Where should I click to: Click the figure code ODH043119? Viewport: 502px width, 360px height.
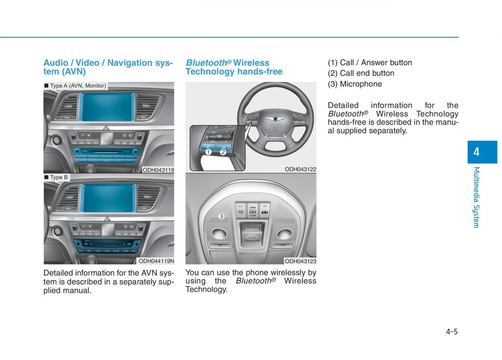pyautogui.click(x=158, y=170)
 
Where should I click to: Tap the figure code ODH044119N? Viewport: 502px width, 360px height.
pyautogui.click(x=156, y=261)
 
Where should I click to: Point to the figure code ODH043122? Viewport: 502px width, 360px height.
pyautogui.click(x=300, y=169)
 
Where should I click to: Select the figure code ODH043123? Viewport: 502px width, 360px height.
pyautogui.click(x=300, y=261)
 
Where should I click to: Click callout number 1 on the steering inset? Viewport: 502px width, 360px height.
pyautogui.click(x=208, y=153)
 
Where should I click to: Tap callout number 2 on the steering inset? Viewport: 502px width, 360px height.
pyautogui.click(x=223, y=153)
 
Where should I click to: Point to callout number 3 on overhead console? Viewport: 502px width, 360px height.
pyautogui.click(x=221, y=216)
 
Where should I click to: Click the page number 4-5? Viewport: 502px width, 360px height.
pyautogui.click(x=451, y=332)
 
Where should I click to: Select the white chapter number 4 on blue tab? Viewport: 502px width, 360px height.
pyautogui.click(x=476, y=152)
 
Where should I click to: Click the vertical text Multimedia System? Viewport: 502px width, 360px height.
pyautogui.click(x=476, y=197)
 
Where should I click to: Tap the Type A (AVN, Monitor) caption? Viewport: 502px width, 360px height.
pyautogui.click(x=76, y=86)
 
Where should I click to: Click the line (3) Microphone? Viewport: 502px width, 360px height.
pyautogui.click(x=355, y=84)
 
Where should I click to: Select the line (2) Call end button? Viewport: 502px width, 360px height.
pyautogui.click(x=361, y=73)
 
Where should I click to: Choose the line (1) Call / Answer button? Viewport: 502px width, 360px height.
pyautogui.click(x=370, y=63)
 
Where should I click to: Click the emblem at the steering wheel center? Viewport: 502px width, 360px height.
pyautogui.click(x=275, y=118)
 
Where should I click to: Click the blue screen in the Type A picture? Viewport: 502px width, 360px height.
pyautogui.click(x=108, y=107)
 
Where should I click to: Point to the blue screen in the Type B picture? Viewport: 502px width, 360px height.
pyautogui.click(x=108, y=198)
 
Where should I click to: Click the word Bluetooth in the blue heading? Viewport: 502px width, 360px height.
pyautogui.click(x=206, y=63)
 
